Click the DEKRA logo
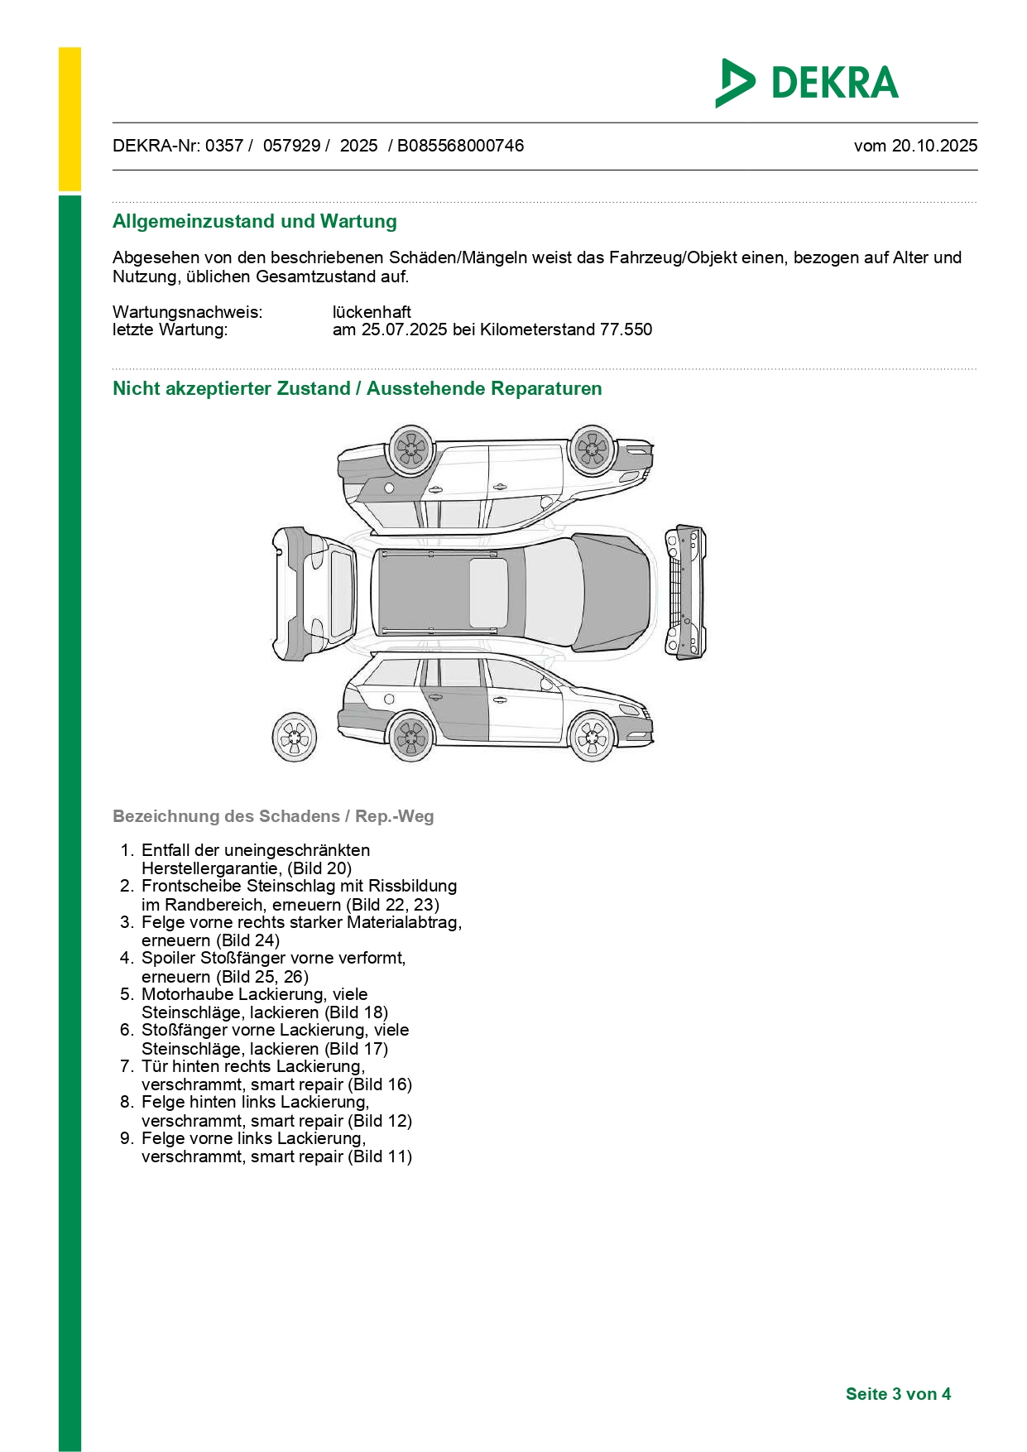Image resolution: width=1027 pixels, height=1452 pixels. point(807,83)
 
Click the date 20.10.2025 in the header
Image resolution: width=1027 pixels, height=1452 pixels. point(934,146)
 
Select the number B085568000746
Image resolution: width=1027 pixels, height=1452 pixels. point(460,146)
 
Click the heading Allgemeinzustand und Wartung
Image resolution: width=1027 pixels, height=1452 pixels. point(255,222)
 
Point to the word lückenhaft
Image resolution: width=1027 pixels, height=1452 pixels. point(372,312)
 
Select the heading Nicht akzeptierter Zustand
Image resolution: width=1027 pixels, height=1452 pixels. point(232,389)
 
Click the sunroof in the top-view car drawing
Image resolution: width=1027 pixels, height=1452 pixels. point(488,593)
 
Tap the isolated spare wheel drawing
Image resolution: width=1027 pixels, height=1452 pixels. point(295,737)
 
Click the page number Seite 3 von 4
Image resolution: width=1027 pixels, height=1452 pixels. point(898,1394)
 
